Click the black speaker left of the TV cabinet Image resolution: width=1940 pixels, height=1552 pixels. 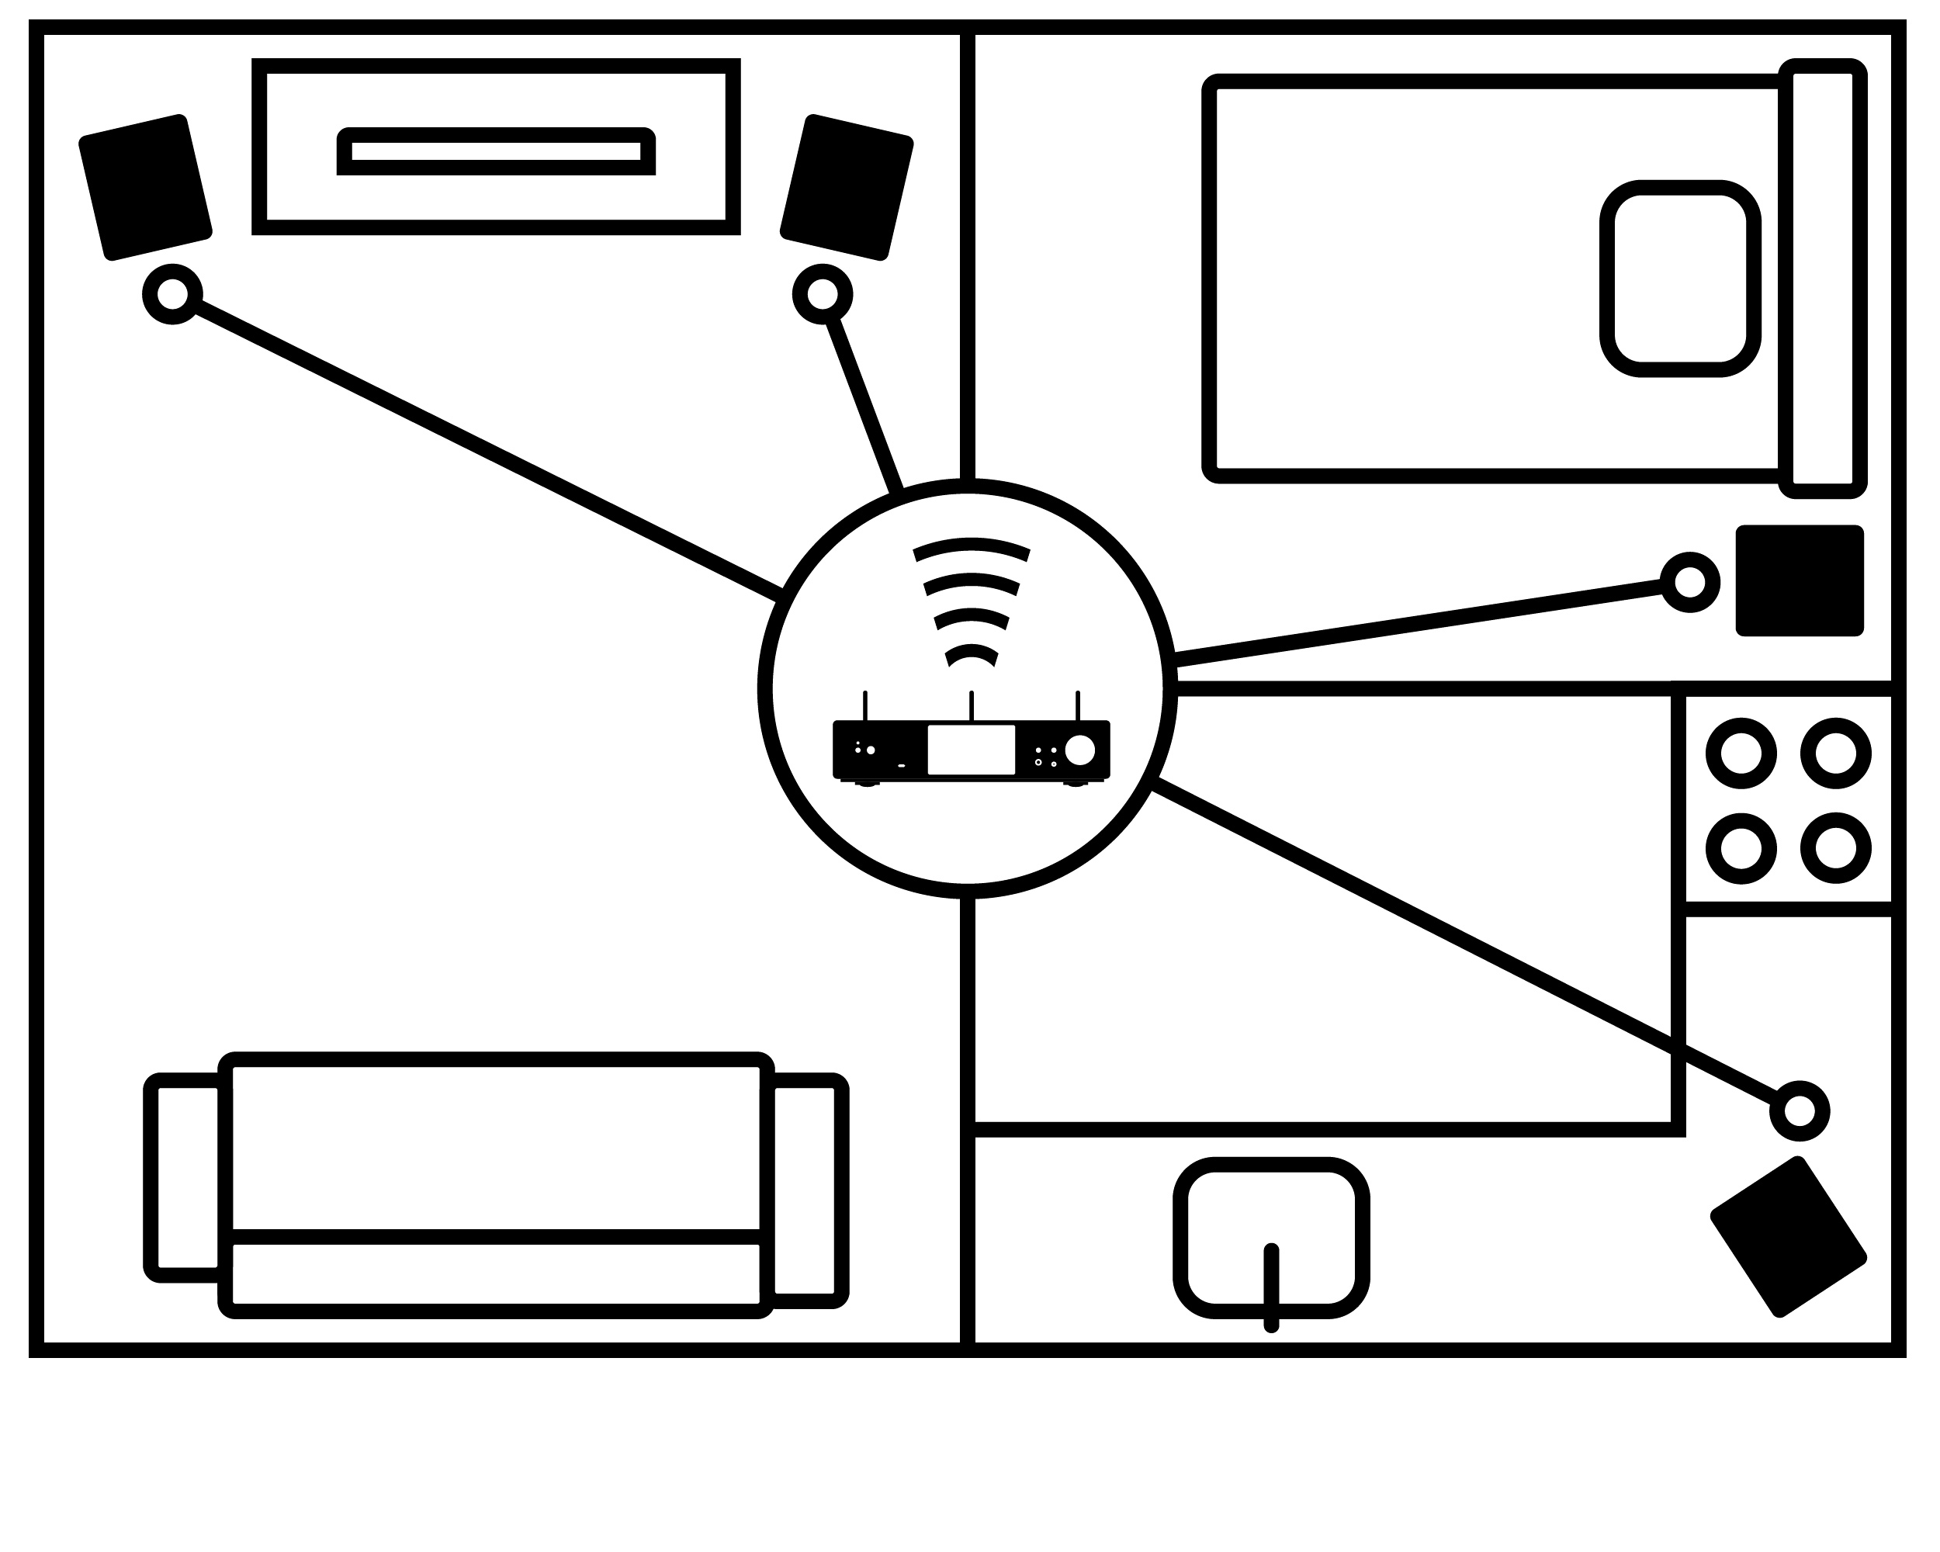[x=145, y=187]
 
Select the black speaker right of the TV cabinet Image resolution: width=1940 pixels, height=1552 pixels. [x=846, y=187]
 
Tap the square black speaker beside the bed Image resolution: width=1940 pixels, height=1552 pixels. [x=1800, y=581]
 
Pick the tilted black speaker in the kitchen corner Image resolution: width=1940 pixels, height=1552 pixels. [x=1788, y=1238]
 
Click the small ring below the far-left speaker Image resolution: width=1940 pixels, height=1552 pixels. [x=171, y=294]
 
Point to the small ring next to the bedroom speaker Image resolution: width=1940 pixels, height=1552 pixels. [x=1690, y=582]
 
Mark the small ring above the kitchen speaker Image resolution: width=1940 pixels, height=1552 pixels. [x=1799, y=1111]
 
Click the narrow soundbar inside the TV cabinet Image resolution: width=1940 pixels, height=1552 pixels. [x=496, y=151]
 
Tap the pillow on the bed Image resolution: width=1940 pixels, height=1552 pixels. [x=1680, y=279]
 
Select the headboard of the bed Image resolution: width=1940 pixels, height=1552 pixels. [x=1822, y=279]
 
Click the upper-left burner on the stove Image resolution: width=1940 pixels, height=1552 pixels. [x=1741, y=754]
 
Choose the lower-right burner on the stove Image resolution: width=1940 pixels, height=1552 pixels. [x=1835, y=847]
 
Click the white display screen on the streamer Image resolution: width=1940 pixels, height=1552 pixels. [x=971, y=750]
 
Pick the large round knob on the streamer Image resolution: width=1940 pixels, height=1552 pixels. [x=1079, y=750]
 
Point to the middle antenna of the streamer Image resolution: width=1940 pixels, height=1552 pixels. [x=971, y=706]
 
